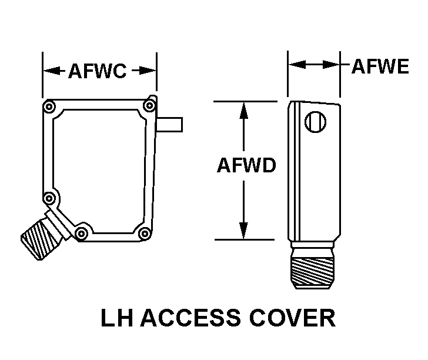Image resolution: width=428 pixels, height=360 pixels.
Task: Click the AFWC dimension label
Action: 98,71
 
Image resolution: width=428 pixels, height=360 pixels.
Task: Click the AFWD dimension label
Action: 246,165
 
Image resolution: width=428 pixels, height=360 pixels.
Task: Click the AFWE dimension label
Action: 380,66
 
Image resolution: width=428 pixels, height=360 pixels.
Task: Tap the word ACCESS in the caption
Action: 190,318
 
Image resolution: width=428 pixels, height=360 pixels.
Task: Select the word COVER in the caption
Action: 292,318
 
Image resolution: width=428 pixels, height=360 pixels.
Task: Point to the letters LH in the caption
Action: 117,318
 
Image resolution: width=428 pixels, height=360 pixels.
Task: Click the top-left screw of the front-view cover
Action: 49,106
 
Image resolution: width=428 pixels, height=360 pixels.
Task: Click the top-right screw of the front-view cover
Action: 149,106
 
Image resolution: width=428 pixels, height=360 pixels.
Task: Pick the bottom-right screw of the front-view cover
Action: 145,234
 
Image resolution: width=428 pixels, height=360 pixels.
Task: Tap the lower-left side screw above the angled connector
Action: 49,198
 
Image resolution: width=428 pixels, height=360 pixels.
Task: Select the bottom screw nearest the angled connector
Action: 81,234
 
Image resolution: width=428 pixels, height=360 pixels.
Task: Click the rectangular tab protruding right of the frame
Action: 169,125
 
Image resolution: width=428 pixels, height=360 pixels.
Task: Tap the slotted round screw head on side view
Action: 315,122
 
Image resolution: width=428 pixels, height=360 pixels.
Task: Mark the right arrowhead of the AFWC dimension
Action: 148,71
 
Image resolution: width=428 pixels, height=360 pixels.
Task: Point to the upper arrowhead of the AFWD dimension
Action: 244,111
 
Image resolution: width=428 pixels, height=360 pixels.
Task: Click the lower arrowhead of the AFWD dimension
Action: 243,231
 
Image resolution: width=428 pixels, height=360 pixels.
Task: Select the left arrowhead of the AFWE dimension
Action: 297,65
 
